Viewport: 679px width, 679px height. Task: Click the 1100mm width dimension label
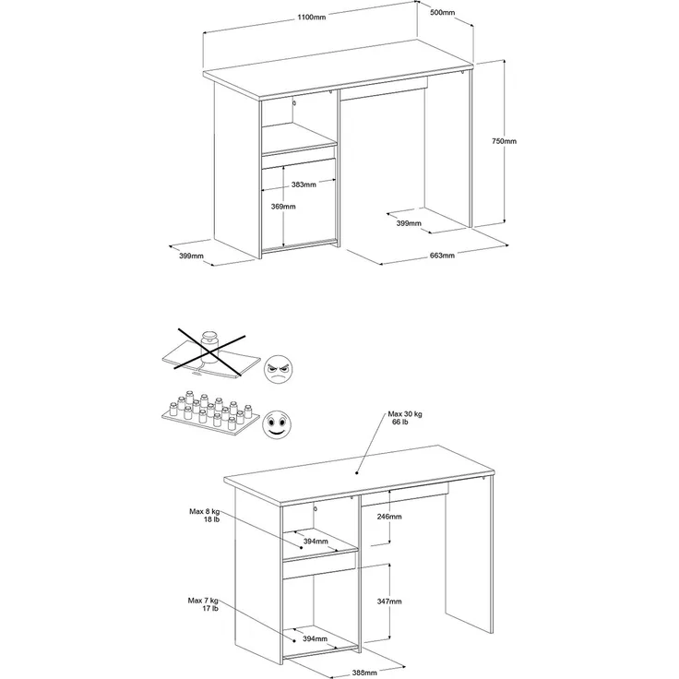311,18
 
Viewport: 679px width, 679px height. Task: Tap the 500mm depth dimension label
442,12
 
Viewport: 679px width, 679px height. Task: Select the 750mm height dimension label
504,141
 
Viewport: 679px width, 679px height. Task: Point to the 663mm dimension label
442,255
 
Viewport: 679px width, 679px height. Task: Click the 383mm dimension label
304,185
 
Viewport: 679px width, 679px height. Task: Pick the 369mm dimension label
283,207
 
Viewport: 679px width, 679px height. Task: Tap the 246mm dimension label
389,517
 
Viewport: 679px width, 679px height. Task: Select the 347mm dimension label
389,602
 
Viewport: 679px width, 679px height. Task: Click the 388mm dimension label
364,673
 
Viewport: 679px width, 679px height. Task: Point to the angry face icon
278,369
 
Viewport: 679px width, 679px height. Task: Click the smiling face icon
277,423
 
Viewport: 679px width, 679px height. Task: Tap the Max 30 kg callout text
405,418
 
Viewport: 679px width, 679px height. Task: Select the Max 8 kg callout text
205,516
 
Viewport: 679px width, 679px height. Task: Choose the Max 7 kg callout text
203,604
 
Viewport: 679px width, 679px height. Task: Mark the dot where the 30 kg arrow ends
356,473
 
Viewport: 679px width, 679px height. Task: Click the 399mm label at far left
191,256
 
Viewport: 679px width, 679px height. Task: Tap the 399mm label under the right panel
409,223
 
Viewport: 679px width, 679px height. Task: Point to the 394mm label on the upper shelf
316,541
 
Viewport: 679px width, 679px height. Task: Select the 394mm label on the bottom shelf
315,638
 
